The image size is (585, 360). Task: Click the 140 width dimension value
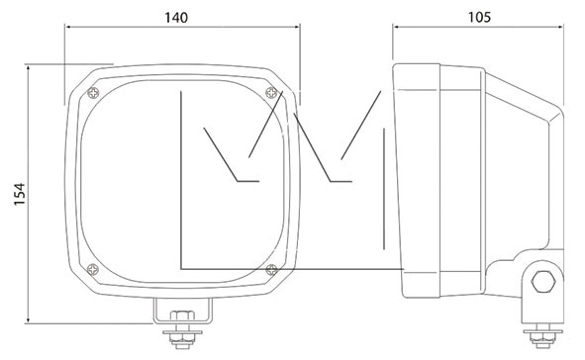point(176,18)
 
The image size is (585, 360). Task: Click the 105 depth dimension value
point(479,17)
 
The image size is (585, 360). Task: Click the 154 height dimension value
point(20,194)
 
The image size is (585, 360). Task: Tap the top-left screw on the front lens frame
point(93,93)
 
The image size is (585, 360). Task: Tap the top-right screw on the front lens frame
point(271,92)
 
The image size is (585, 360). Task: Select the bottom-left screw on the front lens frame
point(92,269)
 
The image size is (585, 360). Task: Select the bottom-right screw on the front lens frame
point(271,269)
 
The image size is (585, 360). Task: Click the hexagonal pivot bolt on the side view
point(542,282)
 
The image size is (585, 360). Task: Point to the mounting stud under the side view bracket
point(542,336)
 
